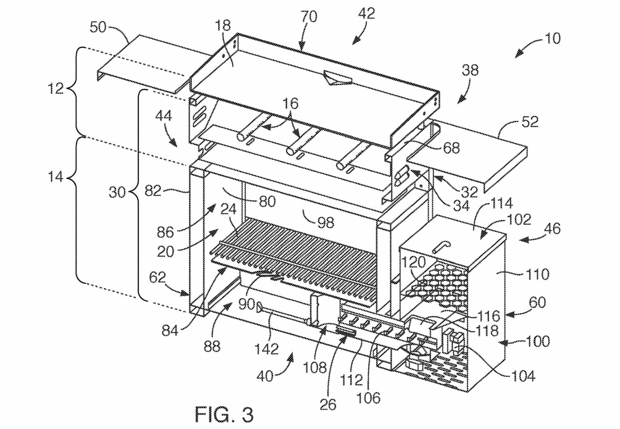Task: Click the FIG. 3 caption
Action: (x=224, y=414)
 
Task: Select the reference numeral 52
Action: (x=529, y=122)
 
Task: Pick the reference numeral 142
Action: (x=267, y=348)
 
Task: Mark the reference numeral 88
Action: (x=212, y=346)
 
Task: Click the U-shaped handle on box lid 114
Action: (x=441, y=246)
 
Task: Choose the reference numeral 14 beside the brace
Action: (x=55, y=177)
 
